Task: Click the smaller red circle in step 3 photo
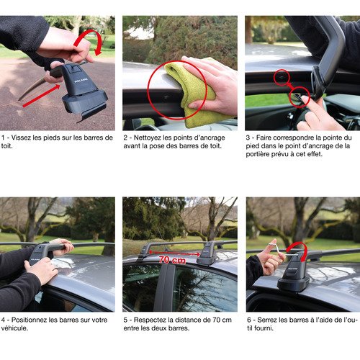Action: click(x=282, y=75)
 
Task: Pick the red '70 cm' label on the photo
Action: click(x=172, y=260)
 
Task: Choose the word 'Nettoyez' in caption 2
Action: click(x=147, y=137)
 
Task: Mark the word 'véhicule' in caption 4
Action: click(x=15, y=328)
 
